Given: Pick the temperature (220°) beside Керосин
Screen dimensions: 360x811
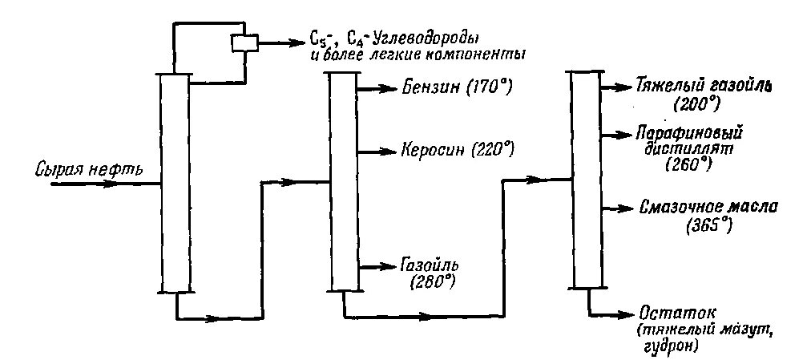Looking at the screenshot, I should point(494,150).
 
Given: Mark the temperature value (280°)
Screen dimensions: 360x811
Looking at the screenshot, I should point(433,281).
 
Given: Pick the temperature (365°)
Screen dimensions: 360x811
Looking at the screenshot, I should point(710,225).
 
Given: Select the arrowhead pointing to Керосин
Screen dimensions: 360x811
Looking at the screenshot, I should point(389,150).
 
